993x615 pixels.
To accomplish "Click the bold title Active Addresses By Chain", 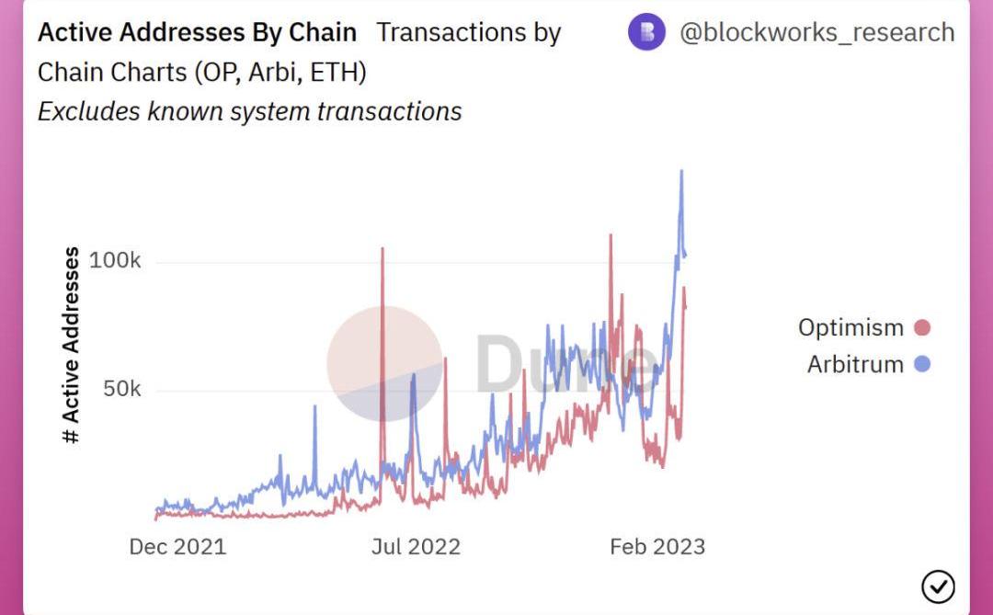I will pos(197,32).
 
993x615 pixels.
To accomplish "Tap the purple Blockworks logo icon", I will pos(646,32).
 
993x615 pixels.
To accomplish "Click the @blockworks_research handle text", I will pos(816,32).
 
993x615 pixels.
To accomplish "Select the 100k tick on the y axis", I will pos(116,261).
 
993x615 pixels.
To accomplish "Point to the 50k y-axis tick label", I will pos(121,389).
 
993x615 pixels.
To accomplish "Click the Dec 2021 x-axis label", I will pos(177,546).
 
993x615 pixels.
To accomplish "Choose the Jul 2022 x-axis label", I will pos(416,546).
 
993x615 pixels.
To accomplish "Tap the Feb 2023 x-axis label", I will pos(657,546).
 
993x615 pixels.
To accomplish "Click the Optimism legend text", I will pos(850,327).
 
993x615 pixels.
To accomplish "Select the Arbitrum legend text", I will pos(855,364).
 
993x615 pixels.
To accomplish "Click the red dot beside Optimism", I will pos(923,327).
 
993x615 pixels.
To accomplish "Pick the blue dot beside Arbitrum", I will pos(923,364).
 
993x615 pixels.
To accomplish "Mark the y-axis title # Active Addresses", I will pos(72,346).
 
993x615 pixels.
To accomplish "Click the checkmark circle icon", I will pos(938,586).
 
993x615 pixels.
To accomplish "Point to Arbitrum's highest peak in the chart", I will pos(681,172).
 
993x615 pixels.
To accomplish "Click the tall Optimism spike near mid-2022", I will pos(382,250).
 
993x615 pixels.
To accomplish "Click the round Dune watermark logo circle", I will pos(384,363).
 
